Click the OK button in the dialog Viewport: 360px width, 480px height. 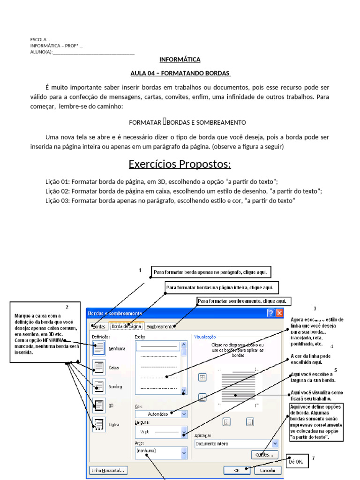click(x=237, y=470)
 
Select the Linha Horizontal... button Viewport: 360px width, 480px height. click(x=108, y=470)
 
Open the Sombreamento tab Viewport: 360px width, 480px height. click(x=159, y=327)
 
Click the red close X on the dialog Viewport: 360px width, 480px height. click(x=279, y=313)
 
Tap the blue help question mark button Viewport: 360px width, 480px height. click(x=271, y=313)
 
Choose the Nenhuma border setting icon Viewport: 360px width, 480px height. click(x=99, y=348)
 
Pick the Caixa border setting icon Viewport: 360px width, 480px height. click(x=99, y=367)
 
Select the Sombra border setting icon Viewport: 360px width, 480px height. click(x=99, y=386)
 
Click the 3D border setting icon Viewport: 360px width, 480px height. click(x=99, y=405)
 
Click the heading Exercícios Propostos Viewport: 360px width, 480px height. click(x=180, y=165)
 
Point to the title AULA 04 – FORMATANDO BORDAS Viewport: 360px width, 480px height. click(x=180, y=74)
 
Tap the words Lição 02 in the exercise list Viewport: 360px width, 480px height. click(x=57, y=191)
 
